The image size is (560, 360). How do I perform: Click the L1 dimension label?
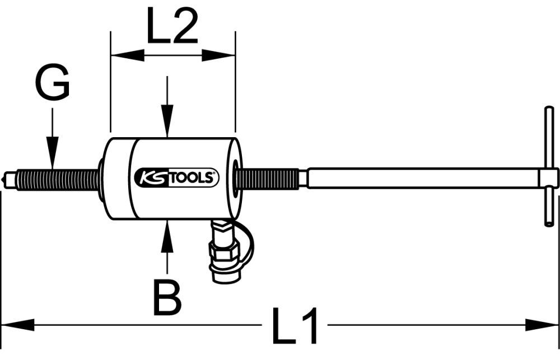point(295,325)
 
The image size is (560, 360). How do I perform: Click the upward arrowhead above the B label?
point(166,234)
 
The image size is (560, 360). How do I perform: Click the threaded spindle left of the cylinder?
point(56,179)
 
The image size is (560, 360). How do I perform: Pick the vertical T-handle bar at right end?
point(549,168)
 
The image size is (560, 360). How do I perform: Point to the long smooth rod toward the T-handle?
point(420,179)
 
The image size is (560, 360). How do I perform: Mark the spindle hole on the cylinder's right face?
point(237,179)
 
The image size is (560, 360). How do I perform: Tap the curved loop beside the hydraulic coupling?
point(246,241)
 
